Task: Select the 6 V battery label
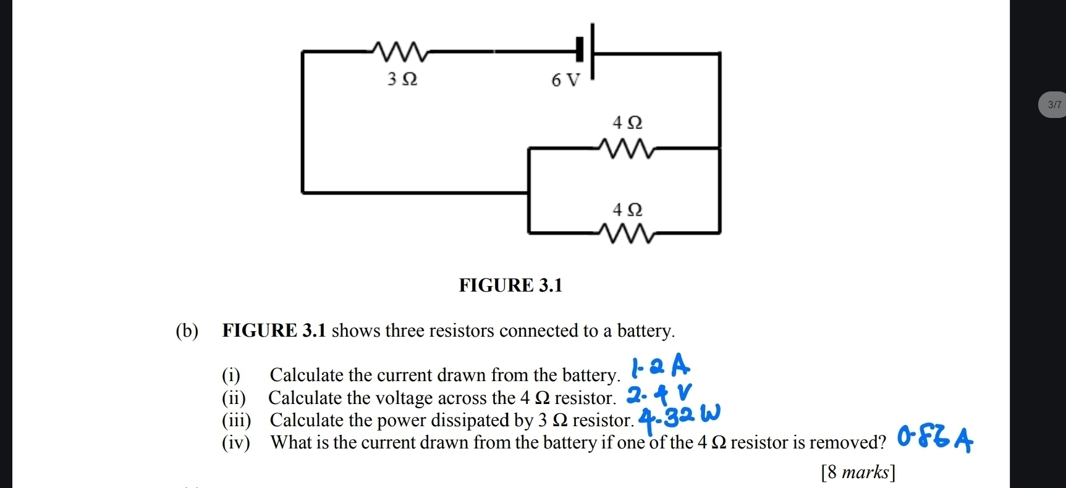tap(566, 80)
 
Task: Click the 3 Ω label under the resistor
tap(402, 79)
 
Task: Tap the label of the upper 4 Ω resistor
tap(627, 123)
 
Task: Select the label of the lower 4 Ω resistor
tap(627, 210)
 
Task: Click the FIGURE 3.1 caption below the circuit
tap(511, 285)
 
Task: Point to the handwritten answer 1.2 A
tap(659, 366)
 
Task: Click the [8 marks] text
tap(858, 473)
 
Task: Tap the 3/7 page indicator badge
tap(1054, 105)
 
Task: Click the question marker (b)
tap(187, 331)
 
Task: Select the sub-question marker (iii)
tap(237, 420)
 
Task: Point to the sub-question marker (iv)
tap(236, 442)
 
